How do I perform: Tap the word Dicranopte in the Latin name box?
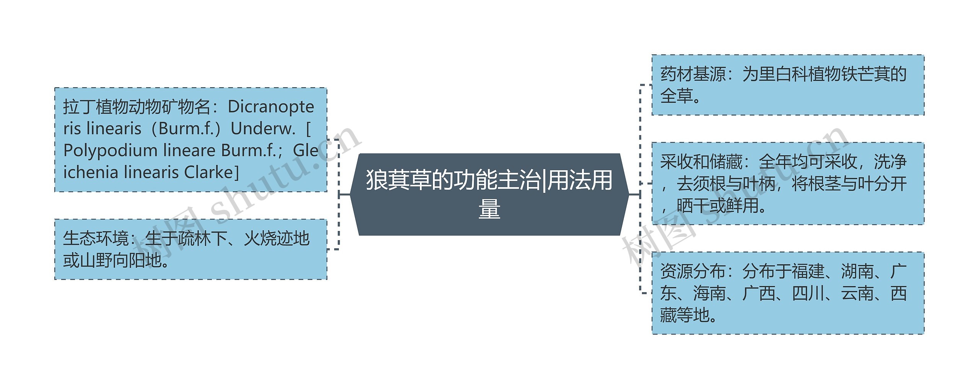coord(271,107)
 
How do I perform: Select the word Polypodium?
coord(111,150)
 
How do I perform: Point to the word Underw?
coord(263,129)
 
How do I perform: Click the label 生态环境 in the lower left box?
coord(96,239)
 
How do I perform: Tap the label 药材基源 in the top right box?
coord(693,74)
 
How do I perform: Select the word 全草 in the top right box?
coord(677,96)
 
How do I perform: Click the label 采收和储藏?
coord(701,162)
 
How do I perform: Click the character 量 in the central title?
coord(489,209)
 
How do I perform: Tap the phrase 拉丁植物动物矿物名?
coord(137,107)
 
